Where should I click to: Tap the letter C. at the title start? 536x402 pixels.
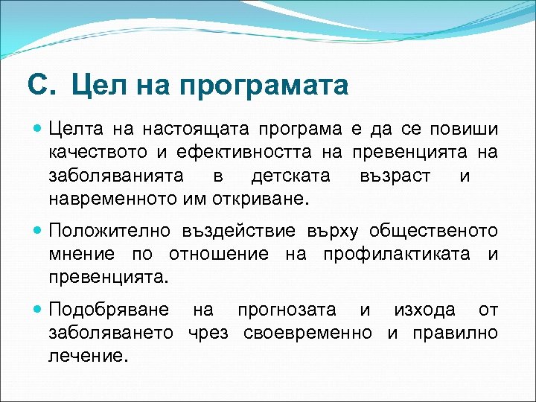pyautogui.click(x=42, y=85)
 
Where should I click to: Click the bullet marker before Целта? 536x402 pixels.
pyautogui.click(x=38, y=129)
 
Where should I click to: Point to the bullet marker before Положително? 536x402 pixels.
pyautogui.click(x=38, y=231)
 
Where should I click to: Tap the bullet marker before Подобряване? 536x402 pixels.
pyautogui.click(x=38, y=309)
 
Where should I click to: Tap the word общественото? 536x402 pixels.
pyautogui.click(x=434, y=232)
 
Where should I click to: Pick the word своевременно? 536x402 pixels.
pyautogui.click(x=307, y=333)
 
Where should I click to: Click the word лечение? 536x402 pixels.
pyautogui.click(x=83, y=357)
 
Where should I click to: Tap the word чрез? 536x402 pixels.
pyautogui.click(x=208, y=333)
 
